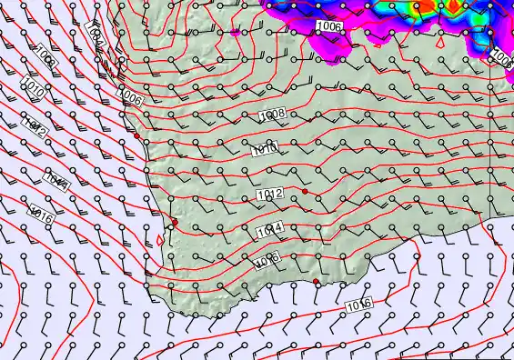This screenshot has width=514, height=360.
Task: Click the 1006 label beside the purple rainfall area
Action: tap(331, 28)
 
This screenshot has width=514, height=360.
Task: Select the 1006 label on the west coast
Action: tap(131, 97)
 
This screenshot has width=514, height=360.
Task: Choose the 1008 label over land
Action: tap(272, 115)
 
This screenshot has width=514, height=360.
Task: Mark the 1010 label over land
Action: tap(267, 149)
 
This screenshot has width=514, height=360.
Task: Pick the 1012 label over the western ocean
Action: tap(35, 127)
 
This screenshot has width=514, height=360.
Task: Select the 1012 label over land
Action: tap(270, 194)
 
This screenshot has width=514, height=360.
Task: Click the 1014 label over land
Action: tap(268, 228)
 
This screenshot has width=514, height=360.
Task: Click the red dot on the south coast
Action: tap(316, 282)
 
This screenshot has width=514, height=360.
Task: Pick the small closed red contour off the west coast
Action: tap(161, 239)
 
